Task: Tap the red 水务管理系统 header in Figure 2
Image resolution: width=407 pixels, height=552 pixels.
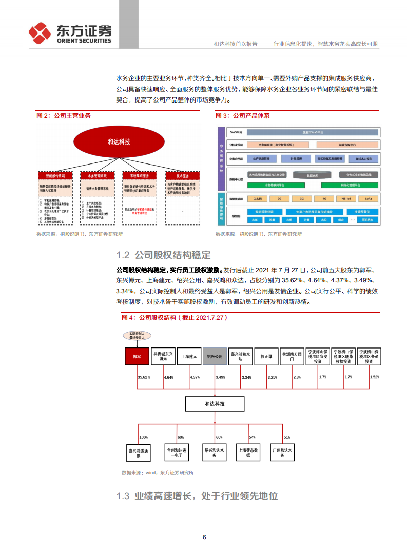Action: pyautogui.click(x=98, y=175)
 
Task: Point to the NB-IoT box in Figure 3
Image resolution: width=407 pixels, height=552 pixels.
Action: pyautogui.click(x=346, y=198)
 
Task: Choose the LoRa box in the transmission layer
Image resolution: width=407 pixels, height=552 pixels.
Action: pyautogui.click(x=368, y=198)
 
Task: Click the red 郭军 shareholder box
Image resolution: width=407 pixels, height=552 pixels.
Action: pyautogui.click(x=137, y=356)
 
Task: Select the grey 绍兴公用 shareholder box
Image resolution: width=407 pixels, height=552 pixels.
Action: pyautogui.click(x=215, y=356)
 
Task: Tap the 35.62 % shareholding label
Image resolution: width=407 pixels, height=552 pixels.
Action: pyautogui.click(x=144, y=377)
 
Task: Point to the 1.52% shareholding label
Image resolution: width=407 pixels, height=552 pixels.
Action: pyautogui.click(x=375, y=377)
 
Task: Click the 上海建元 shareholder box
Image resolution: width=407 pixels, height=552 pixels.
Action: pyautogui.click(x=189, y=356)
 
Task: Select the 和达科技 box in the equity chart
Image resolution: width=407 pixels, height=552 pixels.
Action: pyautogui.click(x=215, y=404)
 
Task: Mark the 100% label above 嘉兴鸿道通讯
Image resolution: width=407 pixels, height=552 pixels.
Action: pyautogui.click(x=143, y=437)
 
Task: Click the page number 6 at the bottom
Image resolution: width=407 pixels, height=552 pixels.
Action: pyautogui.click(x=204, y=537)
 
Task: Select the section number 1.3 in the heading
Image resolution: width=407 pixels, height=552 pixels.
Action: pyautogui.click(x=123, y=496)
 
